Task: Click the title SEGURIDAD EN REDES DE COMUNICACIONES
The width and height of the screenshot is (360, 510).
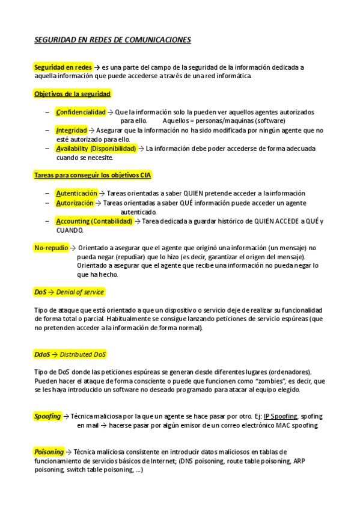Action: tap(112, 40)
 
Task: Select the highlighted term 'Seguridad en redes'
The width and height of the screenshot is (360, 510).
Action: tap(63, 67)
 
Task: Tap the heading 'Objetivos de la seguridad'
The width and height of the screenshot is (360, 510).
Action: tap(72, 94)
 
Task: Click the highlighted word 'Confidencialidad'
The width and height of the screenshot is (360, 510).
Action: tap(81, 112)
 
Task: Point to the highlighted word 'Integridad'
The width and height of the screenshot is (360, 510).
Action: tap(71, 130)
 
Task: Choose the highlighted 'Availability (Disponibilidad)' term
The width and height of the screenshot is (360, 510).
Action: tap(96, 148)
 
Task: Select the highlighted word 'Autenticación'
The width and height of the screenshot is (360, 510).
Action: tap(76, 193)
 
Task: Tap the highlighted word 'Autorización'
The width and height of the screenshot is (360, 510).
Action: tap(75, 203)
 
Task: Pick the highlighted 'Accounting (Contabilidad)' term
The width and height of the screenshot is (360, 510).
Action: tap(94, 221)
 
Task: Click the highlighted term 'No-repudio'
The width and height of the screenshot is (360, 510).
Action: tap(51, 247)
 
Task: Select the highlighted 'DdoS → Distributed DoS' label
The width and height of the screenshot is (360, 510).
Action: tap(70, 354)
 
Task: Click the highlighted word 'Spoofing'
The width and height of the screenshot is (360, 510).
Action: tap(47, 416)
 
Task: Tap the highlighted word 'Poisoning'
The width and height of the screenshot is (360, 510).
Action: tap(48, 452)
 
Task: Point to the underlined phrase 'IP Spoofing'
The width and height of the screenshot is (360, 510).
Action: tap(281, 416)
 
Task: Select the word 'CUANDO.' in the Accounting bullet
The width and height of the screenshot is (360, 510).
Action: tap(70, 230)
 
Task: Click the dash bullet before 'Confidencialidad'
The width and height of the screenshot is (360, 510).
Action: tap(47, 112)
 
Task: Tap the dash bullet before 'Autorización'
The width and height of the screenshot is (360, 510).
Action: tap(47, 203)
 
